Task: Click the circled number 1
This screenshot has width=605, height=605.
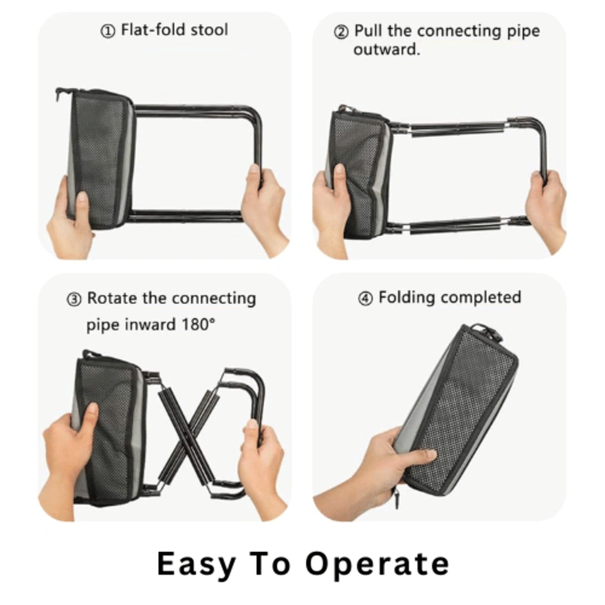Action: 108,31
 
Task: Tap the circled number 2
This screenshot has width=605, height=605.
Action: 341,32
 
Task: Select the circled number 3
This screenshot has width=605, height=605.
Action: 74,300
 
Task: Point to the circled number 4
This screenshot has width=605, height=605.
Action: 365,298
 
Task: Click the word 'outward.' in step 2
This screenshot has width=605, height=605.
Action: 386,49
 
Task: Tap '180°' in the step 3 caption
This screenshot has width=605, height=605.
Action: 198,324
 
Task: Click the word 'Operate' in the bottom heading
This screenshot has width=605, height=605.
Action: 377,564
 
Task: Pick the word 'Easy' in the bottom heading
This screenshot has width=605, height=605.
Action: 197,564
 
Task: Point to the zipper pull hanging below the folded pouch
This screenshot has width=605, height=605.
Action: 396,498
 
